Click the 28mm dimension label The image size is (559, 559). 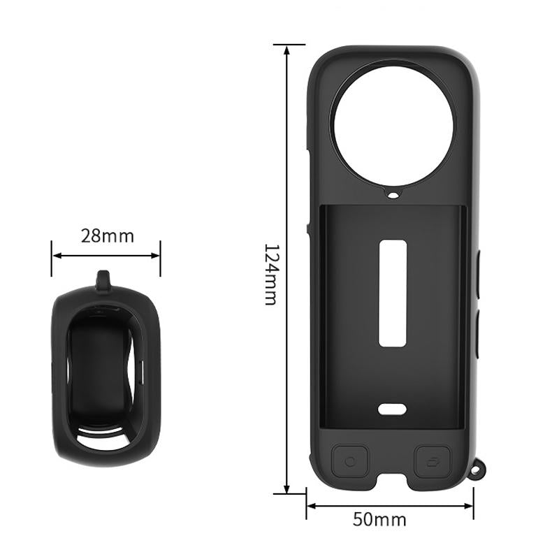tap(107, 235)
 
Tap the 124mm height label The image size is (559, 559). tap(271, 275)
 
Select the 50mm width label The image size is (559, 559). tap(379, 519)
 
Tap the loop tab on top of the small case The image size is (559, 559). tap(103, 281)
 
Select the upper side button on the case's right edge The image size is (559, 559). tap(479, 276)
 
